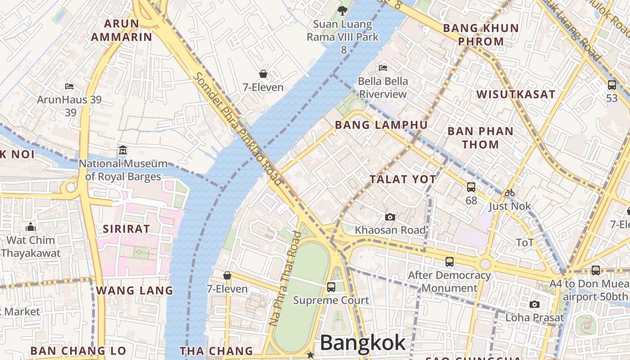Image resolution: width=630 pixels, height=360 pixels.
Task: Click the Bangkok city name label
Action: tap(363, 343)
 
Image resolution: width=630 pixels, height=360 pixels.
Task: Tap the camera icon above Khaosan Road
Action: tap(390, 217)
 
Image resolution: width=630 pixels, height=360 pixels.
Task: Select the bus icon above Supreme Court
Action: tap(331, 287)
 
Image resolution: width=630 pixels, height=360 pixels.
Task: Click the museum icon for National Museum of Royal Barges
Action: tap(122, 150)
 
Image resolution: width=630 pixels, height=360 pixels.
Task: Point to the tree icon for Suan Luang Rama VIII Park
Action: tap(342, 10)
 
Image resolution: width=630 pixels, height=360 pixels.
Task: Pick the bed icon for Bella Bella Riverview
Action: tap(383, 68)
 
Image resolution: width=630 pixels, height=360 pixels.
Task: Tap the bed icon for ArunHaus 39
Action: tap(69, 86)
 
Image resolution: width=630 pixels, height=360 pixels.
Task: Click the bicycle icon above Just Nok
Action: tap(509, 193)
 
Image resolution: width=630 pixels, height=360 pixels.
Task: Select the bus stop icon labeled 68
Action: tap(471, 187)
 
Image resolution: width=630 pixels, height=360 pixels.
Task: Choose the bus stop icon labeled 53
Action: tap(612, 85)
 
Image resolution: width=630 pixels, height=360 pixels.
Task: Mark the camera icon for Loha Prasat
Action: tap(534, 305)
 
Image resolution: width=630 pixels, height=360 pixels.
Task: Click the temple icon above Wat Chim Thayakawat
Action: tap(31, 227)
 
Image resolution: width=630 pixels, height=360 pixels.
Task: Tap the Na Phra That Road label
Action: tap(285, 279)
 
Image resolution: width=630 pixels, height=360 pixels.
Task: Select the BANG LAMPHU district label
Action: tap(381, 125)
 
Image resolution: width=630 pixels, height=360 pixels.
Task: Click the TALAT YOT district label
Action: tap(403, 179)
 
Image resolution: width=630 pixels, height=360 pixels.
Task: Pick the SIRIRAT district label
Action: tap(126, 229)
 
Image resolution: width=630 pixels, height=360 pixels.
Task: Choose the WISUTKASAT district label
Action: tap(516, 94)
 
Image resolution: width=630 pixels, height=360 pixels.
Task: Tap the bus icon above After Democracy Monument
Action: tap(449, 262)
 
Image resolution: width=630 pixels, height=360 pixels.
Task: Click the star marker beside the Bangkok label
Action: tap(310, 355)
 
